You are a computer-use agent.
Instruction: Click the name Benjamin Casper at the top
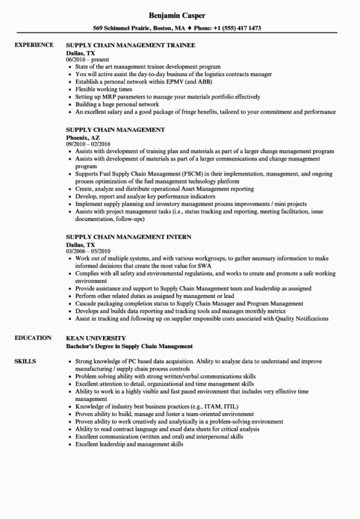(180, 14)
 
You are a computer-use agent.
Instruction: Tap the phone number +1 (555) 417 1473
(234, 28)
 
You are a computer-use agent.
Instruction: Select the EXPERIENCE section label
(34, 45)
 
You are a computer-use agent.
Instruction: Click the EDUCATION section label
(33, 338)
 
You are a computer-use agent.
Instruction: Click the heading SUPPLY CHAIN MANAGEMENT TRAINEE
(131, 45)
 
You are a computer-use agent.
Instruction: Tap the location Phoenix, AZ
(84, 137)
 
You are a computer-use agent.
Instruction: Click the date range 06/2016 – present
(87, 59)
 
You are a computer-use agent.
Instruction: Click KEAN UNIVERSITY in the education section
(96, 338)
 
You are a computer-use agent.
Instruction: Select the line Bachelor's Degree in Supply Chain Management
(130, 346)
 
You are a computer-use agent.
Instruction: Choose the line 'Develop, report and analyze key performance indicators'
(145, 196)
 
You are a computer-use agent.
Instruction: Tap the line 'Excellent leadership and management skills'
(129, 444)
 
